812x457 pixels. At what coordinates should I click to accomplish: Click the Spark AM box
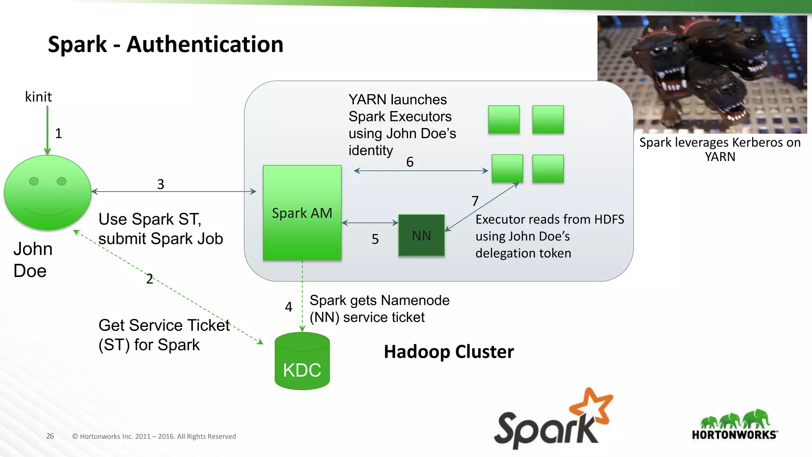302,213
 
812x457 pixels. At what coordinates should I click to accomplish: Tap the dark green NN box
421,236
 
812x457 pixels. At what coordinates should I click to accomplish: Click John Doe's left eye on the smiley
34,181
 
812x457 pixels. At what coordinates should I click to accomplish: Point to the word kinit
38,97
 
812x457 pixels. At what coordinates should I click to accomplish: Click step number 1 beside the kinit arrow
59,133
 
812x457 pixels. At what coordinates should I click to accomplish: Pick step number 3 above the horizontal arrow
161,184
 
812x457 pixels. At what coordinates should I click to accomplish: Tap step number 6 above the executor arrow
410,162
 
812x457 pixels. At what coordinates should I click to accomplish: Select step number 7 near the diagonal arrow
475,201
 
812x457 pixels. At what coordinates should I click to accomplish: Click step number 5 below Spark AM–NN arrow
375,239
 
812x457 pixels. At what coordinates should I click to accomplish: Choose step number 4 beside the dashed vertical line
289,307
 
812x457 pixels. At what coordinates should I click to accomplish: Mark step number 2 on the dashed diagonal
149,279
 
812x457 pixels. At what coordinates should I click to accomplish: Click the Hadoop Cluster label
449,352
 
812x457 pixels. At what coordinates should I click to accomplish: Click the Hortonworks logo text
734,435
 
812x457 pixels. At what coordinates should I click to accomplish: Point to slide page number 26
50,436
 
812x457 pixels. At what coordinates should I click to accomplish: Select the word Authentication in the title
205,44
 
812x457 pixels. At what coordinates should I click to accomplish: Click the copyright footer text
154,436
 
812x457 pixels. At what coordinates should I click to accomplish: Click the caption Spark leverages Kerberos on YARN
720,150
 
